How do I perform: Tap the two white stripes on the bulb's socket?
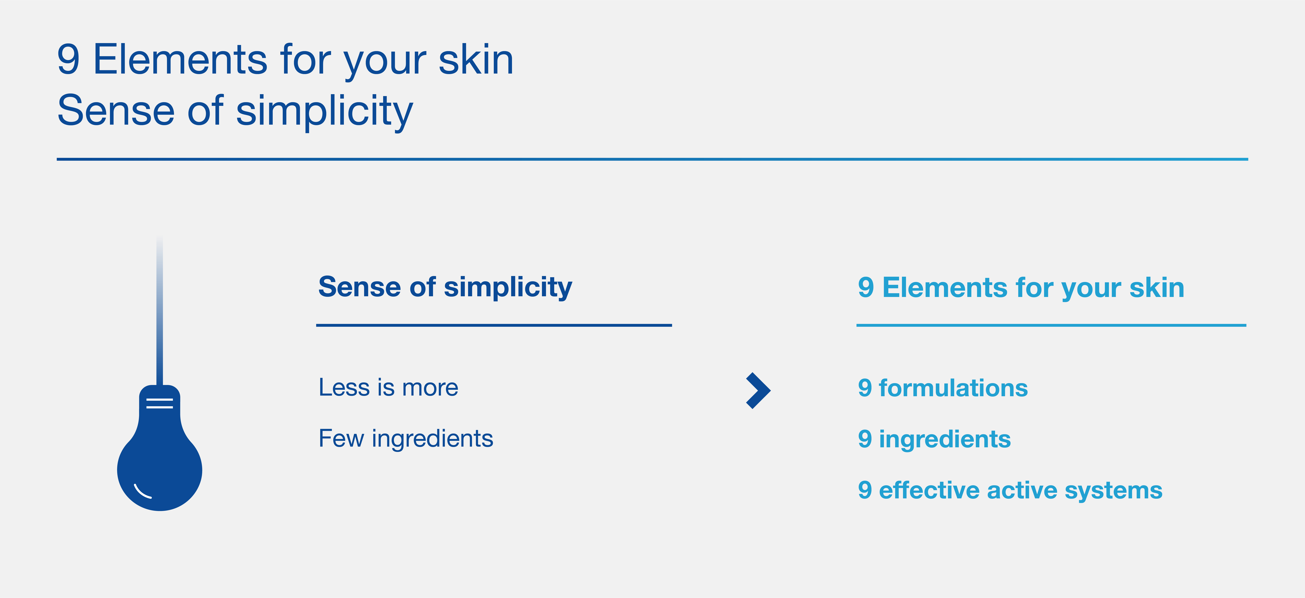(160, 403)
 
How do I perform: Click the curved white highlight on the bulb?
(142, 492)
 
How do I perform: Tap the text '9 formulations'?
(943, 388)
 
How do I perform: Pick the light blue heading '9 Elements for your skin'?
(1021, 288)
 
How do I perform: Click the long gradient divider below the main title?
(653, 159)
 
